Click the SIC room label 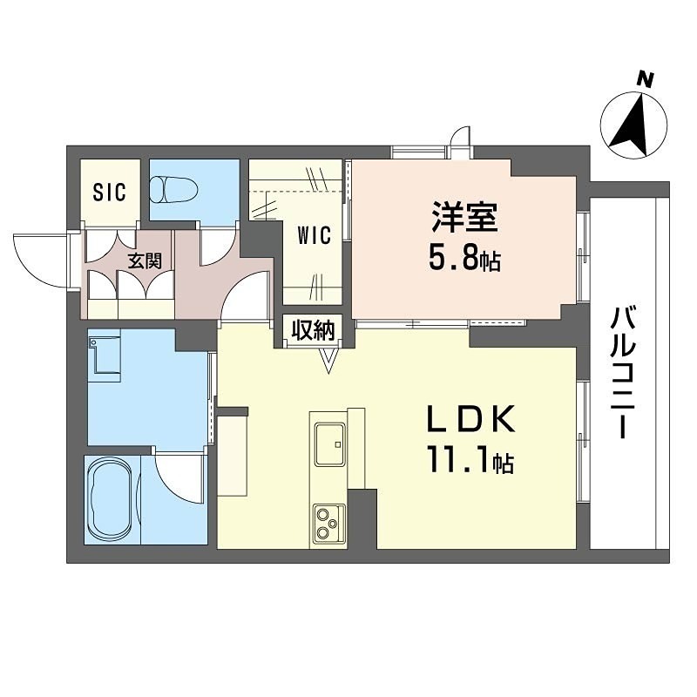109,192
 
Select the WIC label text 314,236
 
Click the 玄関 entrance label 145,261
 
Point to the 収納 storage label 314,330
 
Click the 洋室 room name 465,218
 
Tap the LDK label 470,421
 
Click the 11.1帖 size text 470,461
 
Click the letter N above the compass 646,79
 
